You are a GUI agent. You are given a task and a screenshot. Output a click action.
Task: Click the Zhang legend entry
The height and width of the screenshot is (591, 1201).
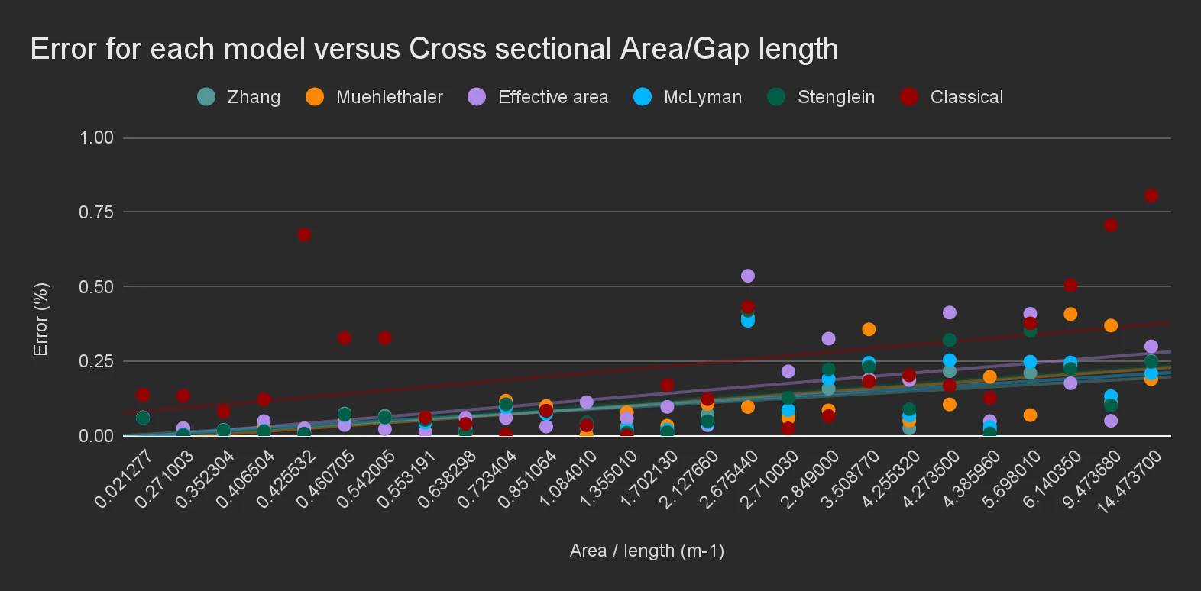coord(239,97)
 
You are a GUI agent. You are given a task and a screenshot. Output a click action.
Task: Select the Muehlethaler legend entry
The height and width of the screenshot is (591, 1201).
coord(374,97)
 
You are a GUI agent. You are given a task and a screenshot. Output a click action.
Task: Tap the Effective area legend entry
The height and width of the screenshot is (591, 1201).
coord(538,97)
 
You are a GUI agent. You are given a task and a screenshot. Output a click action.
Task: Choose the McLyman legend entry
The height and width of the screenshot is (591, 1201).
coord(688,97)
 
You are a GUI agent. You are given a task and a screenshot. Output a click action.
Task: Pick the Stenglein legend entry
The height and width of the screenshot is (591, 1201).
coord(821,97)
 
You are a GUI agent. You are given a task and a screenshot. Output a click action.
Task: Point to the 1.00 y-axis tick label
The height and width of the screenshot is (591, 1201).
coord(96,137)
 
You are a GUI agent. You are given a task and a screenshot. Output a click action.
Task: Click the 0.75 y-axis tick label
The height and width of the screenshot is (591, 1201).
coord(96,212)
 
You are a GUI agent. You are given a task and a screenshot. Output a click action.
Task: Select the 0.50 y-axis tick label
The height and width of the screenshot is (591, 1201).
coord(96,287)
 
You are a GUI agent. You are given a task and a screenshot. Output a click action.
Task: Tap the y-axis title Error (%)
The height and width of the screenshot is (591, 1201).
coord(40,319)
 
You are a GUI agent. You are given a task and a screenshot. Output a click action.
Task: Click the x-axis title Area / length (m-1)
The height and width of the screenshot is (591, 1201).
coord(647,551)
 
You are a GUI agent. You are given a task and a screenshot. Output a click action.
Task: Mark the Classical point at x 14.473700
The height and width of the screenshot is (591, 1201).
coord(1151,196)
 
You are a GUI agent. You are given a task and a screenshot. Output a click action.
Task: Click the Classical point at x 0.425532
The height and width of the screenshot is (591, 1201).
coord(304,234)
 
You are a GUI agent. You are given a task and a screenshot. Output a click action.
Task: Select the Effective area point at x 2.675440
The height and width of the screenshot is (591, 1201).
coord(748,276)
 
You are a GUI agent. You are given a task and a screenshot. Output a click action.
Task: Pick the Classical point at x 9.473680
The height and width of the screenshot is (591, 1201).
coord(1111,225)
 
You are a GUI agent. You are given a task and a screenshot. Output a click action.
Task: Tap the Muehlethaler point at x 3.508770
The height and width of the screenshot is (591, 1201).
coord(869,329)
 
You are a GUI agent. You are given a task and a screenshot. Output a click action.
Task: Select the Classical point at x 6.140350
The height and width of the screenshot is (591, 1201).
coord(1070,285)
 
